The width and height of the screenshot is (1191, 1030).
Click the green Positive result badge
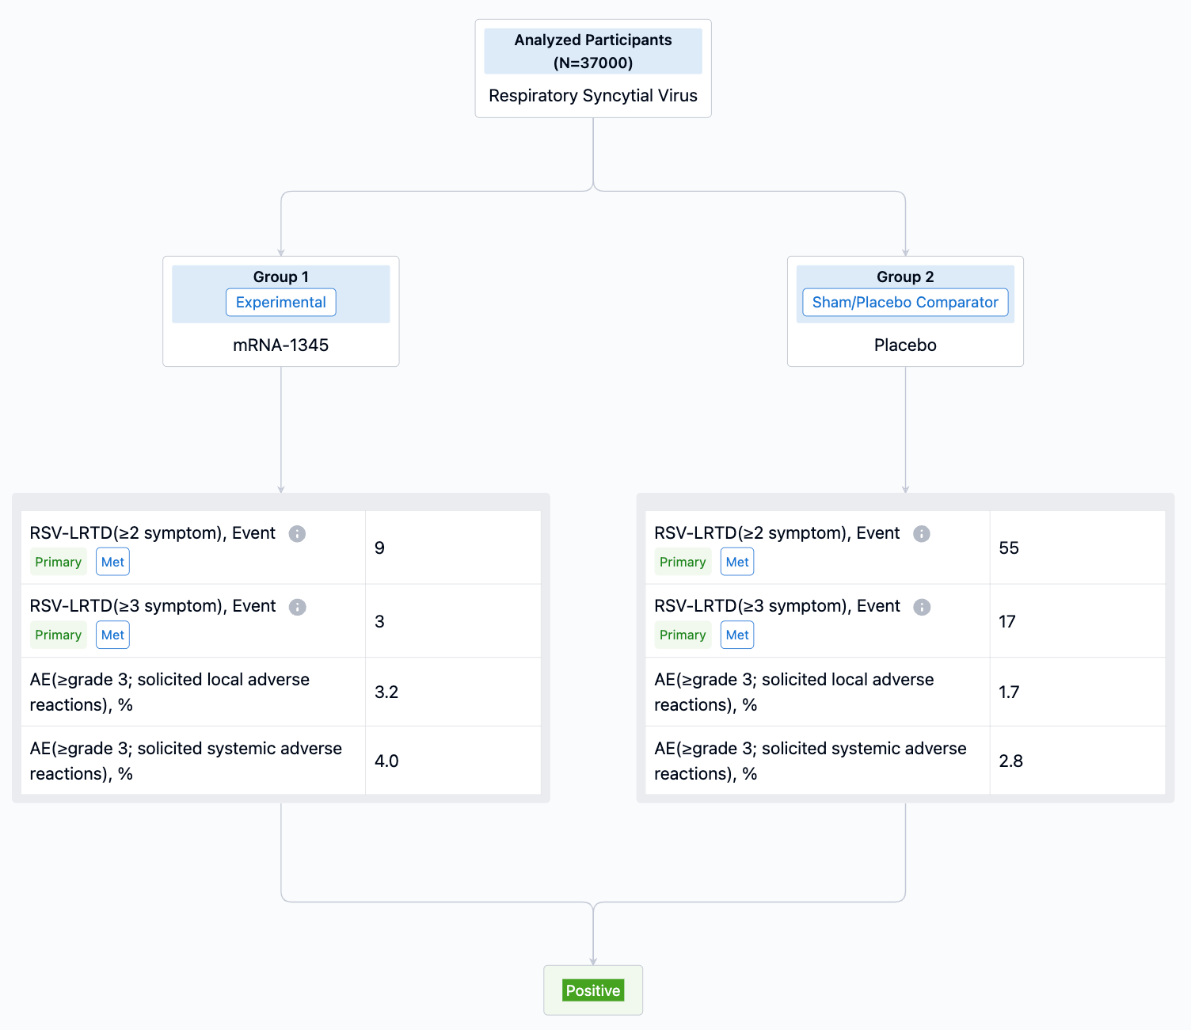coord(593,990)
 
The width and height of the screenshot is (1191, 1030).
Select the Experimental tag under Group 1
coord(280,302)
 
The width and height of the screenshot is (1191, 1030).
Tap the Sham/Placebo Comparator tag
coord(905,302)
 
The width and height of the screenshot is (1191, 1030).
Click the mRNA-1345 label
coord(280,345)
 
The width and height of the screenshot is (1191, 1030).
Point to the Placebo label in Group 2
coord(905,345)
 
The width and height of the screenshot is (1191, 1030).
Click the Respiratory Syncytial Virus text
coord(593,95)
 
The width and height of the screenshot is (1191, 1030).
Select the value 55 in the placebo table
coord(1009,547)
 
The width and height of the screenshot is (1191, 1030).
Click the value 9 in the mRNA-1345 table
coord(379,547)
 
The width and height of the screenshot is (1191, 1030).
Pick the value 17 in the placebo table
coord(1007,621)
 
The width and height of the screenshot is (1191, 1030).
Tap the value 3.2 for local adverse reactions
coord(386,692)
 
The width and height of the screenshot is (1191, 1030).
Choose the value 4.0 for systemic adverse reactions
coord(386,761)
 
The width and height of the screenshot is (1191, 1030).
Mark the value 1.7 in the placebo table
coord(1009,692)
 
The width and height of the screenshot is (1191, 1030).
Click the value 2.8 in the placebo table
coord(1010,761)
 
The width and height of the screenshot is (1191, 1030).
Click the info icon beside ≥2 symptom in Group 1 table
coord(297,534)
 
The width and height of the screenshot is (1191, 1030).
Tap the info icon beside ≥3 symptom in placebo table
coord(921,607)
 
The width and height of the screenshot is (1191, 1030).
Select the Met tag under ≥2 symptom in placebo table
coord(737,562)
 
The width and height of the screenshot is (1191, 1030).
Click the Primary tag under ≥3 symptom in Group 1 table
coord(58,635)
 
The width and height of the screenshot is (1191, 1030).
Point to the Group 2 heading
coord(905,277)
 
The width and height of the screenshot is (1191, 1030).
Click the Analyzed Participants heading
coord(593,40)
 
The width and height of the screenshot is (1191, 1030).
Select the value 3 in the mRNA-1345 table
coord(379,621)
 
